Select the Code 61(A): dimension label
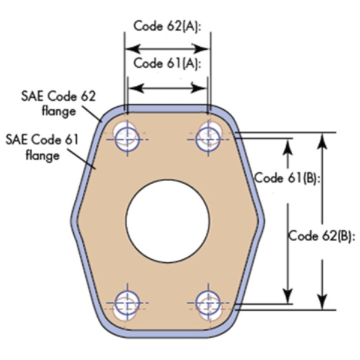click(x=166, y=64)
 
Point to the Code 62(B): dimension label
click(x=323, y=235)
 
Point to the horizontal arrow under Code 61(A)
click(x=167, y=88)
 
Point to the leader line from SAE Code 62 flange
click(x=91, y=113)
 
